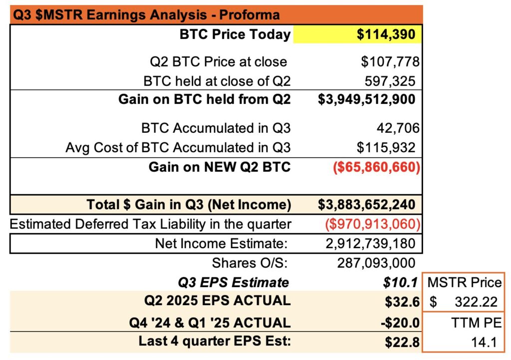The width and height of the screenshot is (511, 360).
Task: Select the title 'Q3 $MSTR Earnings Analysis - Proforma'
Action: pos(146,14)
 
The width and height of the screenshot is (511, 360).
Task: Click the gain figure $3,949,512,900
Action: pos(366,99)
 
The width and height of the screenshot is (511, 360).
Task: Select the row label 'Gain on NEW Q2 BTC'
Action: pos(219,167)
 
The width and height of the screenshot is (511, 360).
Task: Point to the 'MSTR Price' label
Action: pos(465,283)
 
